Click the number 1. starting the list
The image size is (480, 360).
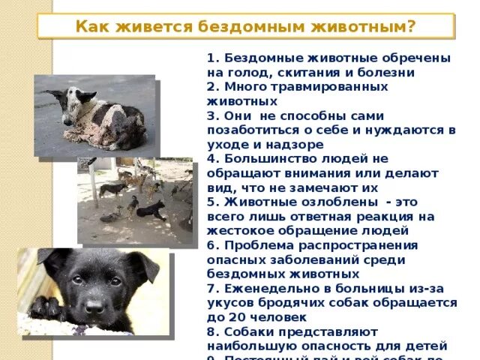(x=212, y=58)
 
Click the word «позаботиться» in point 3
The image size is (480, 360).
(x=257, y=130)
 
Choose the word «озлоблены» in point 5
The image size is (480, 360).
(x=313, y=202)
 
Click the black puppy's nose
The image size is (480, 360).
(x=94, y=307)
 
